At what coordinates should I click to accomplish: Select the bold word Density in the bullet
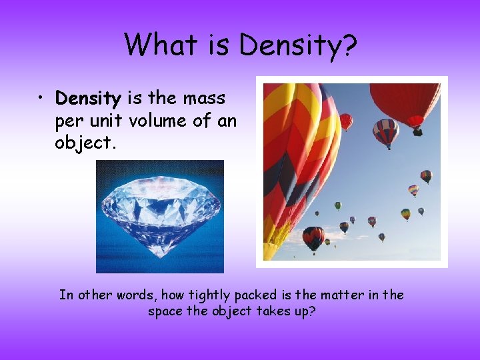(x=87, y=99)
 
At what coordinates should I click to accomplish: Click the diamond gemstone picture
(x=160, y=216)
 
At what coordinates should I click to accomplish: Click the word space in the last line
(x=165, y=311)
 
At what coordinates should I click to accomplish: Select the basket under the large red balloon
(x=417, y=132)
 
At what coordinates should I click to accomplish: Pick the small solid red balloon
(x=346, y=121)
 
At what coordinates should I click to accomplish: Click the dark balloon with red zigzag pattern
(x=313, y=237)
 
